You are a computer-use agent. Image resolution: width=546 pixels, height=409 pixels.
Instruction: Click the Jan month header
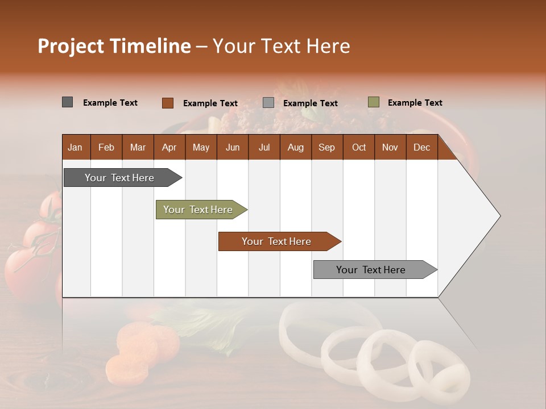tap(75, 147)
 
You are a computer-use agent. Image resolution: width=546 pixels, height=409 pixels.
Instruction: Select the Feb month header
tap(106, 147)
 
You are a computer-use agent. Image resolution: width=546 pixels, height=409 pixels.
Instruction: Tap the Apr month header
tap(169, 147)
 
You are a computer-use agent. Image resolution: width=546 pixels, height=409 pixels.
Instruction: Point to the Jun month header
tap(233, 147)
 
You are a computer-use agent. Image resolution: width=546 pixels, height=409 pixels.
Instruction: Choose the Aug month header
tap(295, 147)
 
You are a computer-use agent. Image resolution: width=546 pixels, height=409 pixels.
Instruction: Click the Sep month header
tap(326, 147)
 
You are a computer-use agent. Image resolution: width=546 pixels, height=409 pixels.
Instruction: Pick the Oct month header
tap(359, 147)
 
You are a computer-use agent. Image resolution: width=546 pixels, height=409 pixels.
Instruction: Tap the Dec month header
tap(421, 147)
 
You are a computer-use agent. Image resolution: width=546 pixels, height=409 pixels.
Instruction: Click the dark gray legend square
tap(67, 102)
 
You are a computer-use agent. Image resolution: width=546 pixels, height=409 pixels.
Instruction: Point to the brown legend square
tap(167, 103)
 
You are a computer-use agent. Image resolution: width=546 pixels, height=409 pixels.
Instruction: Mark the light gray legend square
tap(268, 103)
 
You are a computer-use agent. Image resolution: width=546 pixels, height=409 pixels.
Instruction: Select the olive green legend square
tap(374, 102)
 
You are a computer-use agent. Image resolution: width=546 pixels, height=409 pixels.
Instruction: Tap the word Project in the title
tap(71, 46)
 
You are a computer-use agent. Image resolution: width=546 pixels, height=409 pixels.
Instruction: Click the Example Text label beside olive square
tap(415, 103)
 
